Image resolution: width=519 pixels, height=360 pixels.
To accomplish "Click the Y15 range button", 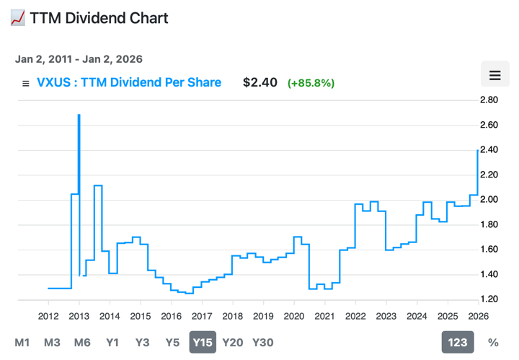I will [x=203, y=343].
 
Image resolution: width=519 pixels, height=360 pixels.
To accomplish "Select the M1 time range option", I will [x=22, y=343].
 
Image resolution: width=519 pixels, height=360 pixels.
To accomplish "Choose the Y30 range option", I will [x=262, y=343].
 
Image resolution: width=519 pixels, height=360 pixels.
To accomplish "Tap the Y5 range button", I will [x=172, y=343].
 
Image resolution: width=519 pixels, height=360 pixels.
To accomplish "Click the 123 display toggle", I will [x=458, y=343].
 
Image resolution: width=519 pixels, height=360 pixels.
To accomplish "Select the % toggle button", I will [x=493, y=343].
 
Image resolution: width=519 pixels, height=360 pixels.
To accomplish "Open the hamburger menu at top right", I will [x=494, y=75].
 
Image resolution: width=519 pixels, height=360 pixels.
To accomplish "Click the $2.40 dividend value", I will [x=260, y=82].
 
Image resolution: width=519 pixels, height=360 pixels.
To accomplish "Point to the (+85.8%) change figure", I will [x=311, y=83].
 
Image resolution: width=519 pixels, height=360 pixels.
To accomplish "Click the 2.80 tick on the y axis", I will [x=489, y=100].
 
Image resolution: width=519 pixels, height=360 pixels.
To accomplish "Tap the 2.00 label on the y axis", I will [x=489, y=200].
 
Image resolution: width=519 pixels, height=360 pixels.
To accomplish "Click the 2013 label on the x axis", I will [x=79, y=316].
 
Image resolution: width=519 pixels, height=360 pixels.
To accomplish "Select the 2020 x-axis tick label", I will [x=293, y=316].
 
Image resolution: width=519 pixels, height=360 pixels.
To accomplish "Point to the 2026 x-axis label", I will [x=477, y=316].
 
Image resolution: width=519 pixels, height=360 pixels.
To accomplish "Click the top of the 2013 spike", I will [x=79, y=115].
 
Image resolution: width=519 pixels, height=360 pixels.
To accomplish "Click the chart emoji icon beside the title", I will [x=18, y=18].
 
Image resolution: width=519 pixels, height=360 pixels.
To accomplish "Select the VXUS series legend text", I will [x=129, y=82].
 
